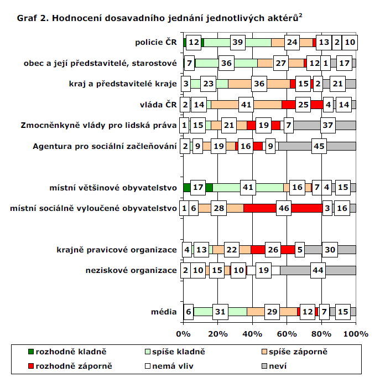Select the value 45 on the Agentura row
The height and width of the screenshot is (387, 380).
click(318, 147)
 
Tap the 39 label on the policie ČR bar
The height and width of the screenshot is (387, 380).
click(238, 43)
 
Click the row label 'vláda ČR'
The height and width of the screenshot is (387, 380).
click(159, 105)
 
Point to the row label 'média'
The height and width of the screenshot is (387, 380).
click(164, 312)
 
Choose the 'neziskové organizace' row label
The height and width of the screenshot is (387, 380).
click(131, 271)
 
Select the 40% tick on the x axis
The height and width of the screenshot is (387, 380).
click(252, 333)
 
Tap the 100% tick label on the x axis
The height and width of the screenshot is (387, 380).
click(356, 333)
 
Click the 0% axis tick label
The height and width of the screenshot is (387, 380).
click(183, 333)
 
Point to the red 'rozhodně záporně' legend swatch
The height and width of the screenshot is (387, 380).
click(31, 366)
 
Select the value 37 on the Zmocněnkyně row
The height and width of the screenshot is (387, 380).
click(328, 126)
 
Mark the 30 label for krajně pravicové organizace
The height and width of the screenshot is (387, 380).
click(330, 250)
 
